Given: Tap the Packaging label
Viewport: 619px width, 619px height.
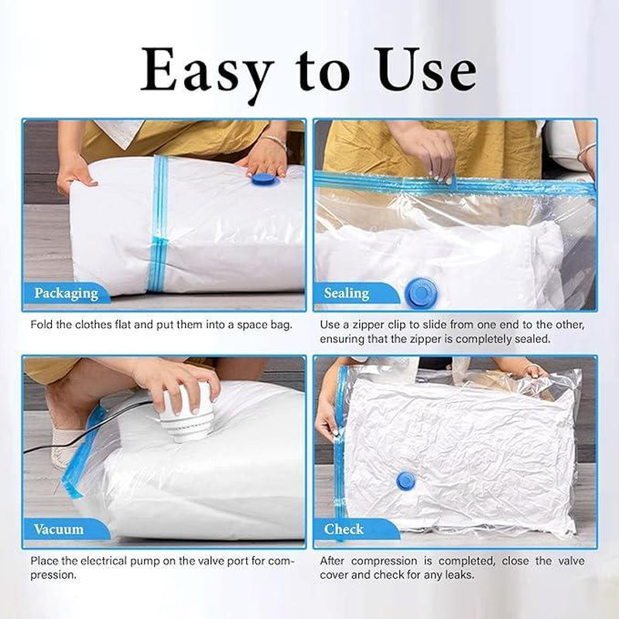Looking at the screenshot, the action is click(66, 293).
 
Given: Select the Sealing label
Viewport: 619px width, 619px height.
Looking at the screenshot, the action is click(346, 293).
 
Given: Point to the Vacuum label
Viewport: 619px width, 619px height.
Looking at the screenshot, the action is click(59, 529).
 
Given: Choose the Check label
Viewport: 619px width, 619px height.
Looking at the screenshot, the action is click(344, 529).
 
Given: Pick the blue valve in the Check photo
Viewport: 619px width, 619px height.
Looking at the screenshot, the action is click(405, 480).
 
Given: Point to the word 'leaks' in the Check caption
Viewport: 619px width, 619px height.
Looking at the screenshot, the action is click(460, 575).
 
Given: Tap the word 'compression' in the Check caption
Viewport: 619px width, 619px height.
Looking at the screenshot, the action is click(384, 562).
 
